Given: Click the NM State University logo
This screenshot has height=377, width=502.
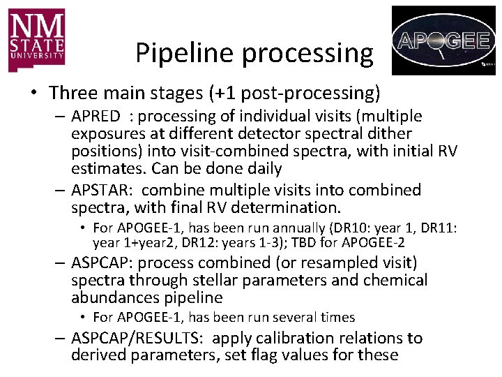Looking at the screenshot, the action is point(37,40).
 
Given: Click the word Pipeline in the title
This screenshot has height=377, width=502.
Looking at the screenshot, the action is point(180,52).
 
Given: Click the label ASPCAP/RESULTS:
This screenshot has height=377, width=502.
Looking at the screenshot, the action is point(137,338).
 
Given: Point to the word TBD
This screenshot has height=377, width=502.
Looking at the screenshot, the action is point(327,243).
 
